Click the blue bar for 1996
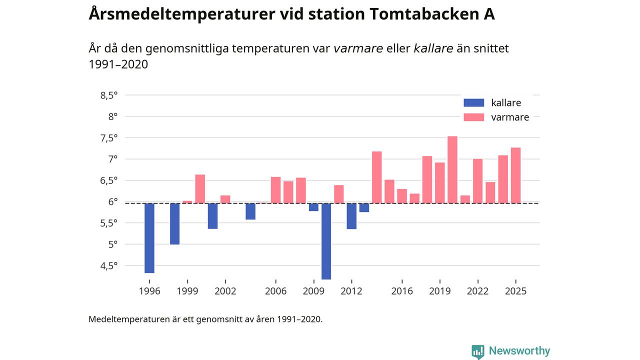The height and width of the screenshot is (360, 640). click(x=149, y=238)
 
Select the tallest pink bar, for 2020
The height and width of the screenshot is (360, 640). click(x=452, y=169)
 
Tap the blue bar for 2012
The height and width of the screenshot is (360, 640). click(x=351, y=216)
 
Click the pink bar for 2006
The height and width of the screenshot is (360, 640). click(x=275, y=190)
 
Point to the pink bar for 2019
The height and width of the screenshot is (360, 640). click(x=440, y=182)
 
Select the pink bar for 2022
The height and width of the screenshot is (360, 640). click(x=478, y=181)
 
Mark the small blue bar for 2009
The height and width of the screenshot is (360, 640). click(x=313, y=207)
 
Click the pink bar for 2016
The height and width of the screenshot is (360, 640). click(x=402, y=196)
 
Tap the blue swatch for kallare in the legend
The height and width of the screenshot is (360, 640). click(x=474, y=103)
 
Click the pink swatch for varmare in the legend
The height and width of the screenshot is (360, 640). click(x=474, y=117)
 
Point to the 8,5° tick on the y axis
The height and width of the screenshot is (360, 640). click(x=109, y=95)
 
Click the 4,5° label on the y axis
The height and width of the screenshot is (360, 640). click(x=109, y=265)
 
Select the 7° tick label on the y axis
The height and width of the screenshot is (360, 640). click(x=113, y=159)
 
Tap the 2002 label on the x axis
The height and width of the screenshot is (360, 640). click(x=225, y=291)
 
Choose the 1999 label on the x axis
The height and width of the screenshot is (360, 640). click(x=187, y=291)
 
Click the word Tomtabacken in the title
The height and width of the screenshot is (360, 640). click(x=419, y=14)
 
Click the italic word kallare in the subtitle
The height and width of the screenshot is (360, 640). click(x=433, y=48)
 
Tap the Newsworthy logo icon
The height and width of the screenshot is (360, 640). click(x=478, y=351)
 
